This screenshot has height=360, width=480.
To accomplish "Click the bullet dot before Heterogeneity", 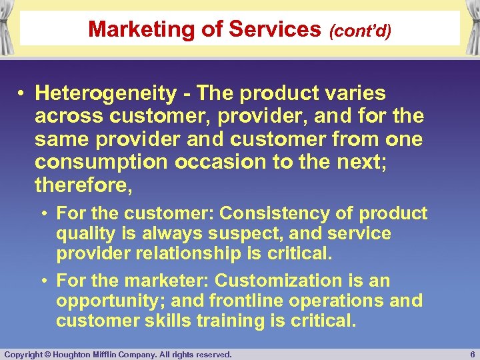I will tap(22, 93).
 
